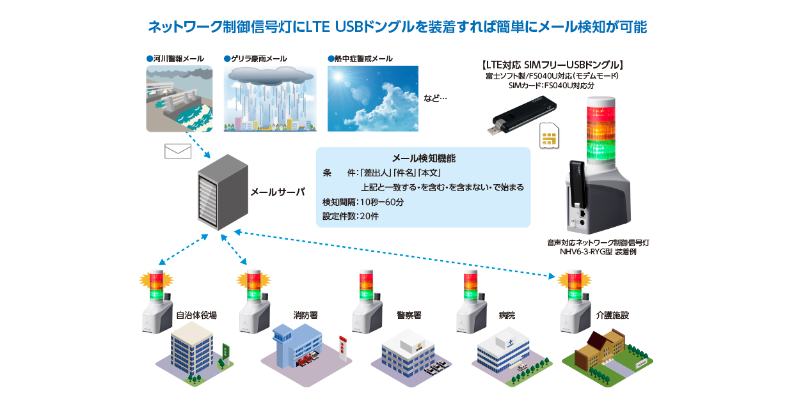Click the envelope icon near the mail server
coord(178,151)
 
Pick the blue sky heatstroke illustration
coord(372,98)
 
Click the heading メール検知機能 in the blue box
coord(423,158)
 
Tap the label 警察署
coord(409,315)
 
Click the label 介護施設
coord(612,315)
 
